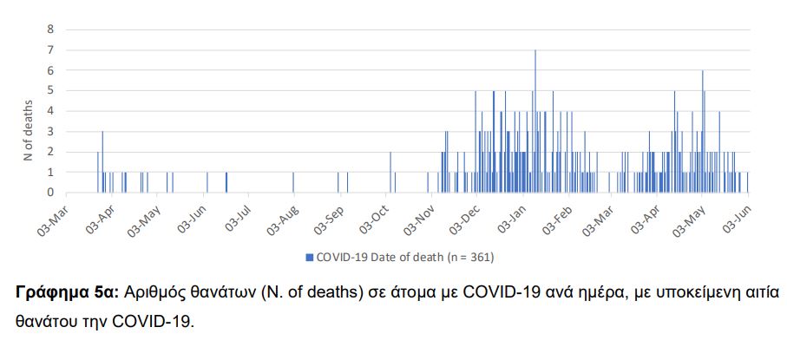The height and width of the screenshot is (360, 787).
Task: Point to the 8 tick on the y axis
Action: coord(50,29)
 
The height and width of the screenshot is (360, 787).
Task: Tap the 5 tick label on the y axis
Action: coord(50,90)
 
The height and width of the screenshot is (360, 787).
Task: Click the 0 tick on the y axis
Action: coord(50,193)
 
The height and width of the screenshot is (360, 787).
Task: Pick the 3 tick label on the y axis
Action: coord(50,131)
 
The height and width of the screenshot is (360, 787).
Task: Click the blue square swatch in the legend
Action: coord(309,257)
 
